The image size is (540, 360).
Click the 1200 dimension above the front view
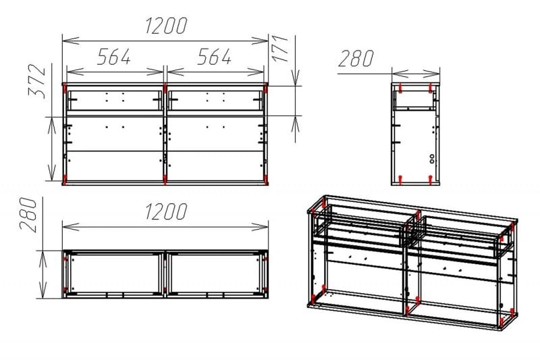pyautogui.click(x=166, y=26)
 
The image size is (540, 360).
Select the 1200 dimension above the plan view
pyautogui.click(x=166, y=211)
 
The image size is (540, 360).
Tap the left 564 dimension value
pyautogui.click(x=114, y=57)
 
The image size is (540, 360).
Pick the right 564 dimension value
pyautogui.click(x=214, y=57)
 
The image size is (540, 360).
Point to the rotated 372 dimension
pyautogui.click(x=37, y=81)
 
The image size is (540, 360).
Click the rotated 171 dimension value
pyautogui.click(x=280, y=48)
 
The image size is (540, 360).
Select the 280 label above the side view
pyautogui.click(x=356, y=59)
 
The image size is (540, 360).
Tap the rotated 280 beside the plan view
pyautogui.click(x=28, y=215)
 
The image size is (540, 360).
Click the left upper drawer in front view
pyautogui.click(x=115, y=100)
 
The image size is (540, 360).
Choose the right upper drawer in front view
pyautogui.click(x=215, y=100)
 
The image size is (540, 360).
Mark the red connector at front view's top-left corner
pyautogui.click(x=65, y=88)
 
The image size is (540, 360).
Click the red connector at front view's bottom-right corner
pyautogui.click(x=265, y=180)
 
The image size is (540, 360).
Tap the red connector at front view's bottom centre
pyautogui.click(x=165, y=180)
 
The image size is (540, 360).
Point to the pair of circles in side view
pyautogui.click(x=432, y=159)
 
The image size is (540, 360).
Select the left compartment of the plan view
pyautogui.click(x=114, y=274)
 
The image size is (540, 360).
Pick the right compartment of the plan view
pyautogui.click(x=215, y=274)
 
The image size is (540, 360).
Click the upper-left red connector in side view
pyautogui.click(x=400, y=88)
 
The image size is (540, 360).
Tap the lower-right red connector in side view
pyautogui.click(x=430, y=180)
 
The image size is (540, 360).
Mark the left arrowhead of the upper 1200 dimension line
pyautogui.click(x=71, y=41)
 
